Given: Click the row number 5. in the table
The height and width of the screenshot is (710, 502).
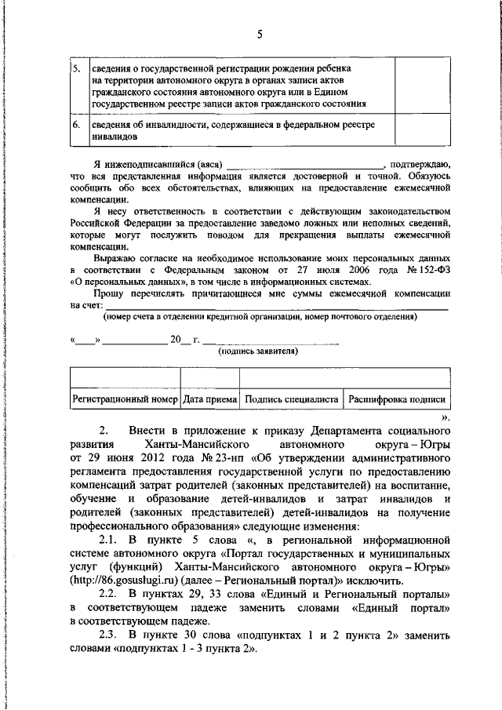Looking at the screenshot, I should pyautogui.click(x=76, y=67).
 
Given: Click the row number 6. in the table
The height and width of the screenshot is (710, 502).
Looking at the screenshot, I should pyautogui.click(x=76, y=125).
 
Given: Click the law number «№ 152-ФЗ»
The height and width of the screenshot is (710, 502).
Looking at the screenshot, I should pyautogui.click(x=424, y=266).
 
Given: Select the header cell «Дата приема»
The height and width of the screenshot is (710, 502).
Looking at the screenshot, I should pyautogui.click(x=209, y=399).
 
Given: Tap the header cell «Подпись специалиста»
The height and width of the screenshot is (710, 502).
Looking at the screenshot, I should pyautogui.click(x=291, y=399).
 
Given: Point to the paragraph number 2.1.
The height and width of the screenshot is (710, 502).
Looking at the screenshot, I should pyautogui.click(x=110, y=541).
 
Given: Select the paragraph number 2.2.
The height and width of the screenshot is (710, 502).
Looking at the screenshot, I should pyautogui.click(x=110, y=594).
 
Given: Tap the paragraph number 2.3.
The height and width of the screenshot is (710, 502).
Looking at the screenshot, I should pyautogui.click(x=110, y=634).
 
